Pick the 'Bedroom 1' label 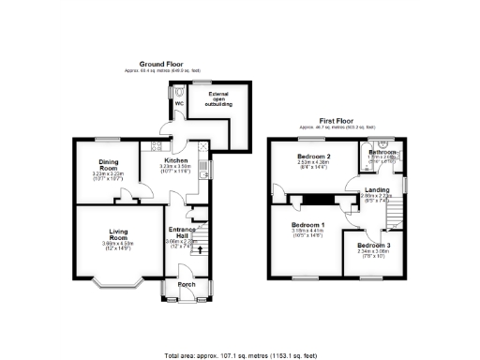coord(307,226)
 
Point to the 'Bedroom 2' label coord(314,156)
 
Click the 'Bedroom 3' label coord(374,246)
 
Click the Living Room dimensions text coord(118,247)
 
